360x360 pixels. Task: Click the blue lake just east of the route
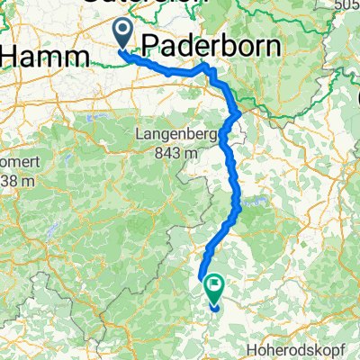(251, 203)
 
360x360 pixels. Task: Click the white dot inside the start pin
(123, 31)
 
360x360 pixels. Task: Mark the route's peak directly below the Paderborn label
(206, 67)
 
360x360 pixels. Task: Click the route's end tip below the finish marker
(215, 308)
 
